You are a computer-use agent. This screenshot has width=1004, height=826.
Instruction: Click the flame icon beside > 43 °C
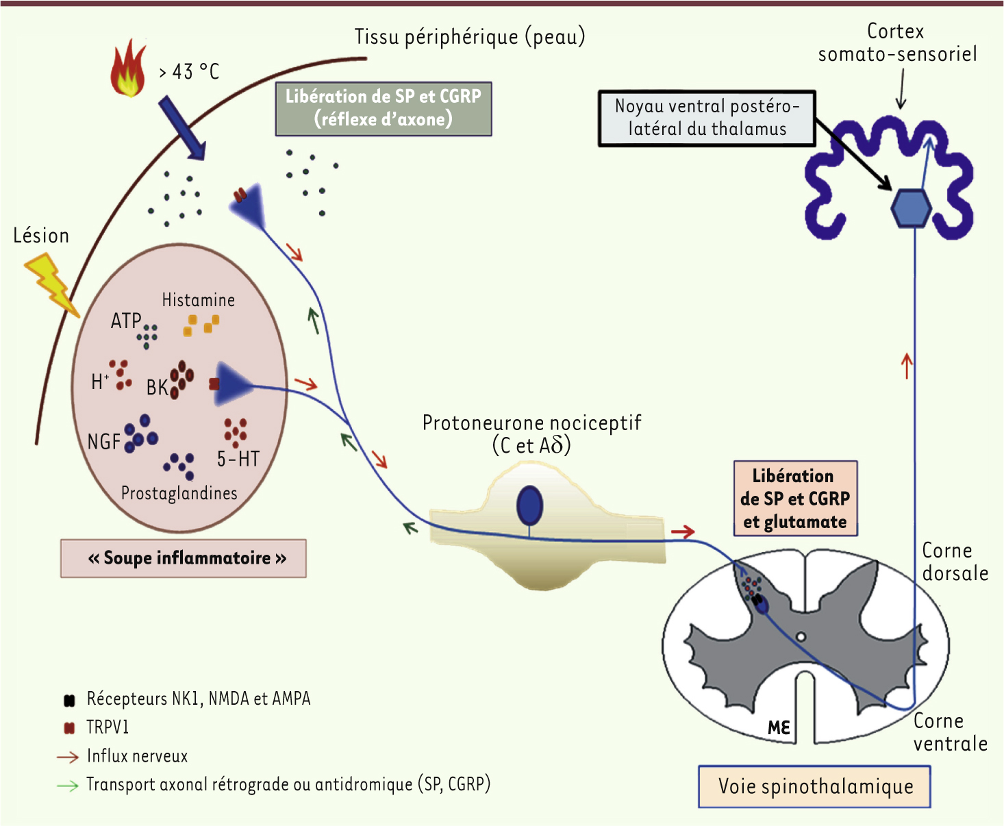129,68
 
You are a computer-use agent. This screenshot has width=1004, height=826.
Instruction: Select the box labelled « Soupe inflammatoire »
184,558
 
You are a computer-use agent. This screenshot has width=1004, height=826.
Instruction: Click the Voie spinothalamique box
815,786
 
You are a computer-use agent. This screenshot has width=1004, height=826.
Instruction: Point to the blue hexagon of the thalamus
911,208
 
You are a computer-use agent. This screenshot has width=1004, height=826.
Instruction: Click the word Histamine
198,300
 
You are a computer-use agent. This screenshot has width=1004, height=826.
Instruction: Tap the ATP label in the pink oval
126,321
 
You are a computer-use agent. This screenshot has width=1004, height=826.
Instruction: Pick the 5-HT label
238,459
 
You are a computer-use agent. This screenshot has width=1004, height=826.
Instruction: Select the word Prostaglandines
179,493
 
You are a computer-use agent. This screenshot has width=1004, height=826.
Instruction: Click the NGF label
104,442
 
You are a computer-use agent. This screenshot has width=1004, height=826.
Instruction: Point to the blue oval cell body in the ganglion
529,505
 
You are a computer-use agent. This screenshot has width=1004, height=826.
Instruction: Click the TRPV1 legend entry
107,727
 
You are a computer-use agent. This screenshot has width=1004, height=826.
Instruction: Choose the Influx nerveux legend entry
137,756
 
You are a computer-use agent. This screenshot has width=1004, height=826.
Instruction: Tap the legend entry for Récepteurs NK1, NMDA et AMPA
198,699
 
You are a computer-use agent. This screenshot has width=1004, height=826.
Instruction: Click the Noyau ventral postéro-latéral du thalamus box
707,118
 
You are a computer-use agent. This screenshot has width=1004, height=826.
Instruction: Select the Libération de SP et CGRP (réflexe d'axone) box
384,108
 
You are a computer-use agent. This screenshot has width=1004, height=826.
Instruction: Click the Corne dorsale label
955,562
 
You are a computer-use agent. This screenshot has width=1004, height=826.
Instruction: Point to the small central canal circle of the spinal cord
801,637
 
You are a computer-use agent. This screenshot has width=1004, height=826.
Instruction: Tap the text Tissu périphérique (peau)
470,37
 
